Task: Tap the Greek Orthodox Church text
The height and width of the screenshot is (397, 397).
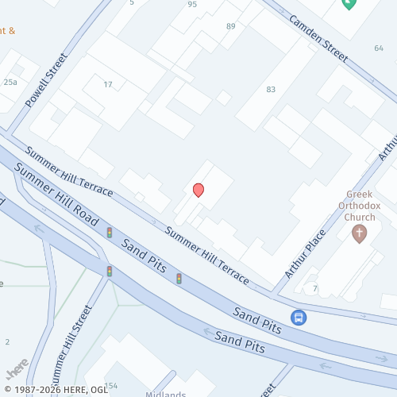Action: click(364, 204)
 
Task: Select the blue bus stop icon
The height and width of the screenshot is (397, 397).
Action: click(299, 318)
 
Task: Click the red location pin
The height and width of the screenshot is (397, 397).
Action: click(198, 190)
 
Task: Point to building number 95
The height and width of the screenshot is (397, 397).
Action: click(192, 5)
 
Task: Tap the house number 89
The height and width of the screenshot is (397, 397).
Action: click(231, 27)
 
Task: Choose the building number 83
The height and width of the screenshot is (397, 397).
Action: click(271, 90)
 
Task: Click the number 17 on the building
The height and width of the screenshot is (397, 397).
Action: click(108, 85)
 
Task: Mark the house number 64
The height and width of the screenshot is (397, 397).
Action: click(378, 48)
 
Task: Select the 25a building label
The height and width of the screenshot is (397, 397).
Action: click(10, 83)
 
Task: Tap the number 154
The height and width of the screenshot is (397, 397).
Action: click(110, 386)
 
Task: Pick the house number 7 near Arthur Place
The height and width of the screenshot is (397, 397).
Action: click(315, 287)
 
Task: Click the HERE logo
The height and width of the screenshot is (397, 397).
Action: click(16, 371)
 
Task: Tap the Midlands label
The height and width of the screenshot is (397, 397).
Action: click(166, 394)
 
